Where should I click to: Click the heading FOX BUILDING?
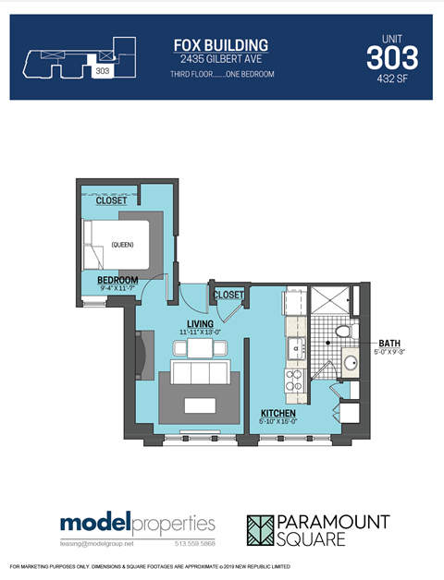click(x=221, y=44)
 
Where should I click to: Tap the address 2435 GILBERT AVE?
click(x=221, y=59)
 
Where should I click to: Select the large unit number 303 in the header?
click(x=392, y=58)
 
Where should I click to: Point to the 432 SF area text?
click(x=392, y=80)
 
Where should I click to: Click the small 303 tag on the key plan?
click(x=102, y=69)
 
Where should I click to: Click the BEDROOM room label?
click(x=117, y=280)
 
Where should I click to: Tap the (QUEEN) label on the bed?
click(x=122, y=245)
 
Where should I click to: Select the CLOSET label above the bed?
click(x=112, y=200)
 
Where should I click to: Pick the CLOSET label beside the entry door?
click(x=228, y=295)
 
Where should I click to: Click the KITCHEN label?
click(x=277, y=413)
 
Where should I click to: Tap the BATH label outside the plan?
click(x=389, y=342)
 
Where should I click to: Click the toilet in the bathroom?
click(x=342, y=330)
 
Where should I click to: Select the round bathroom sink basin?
click(x=351, y=362)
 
